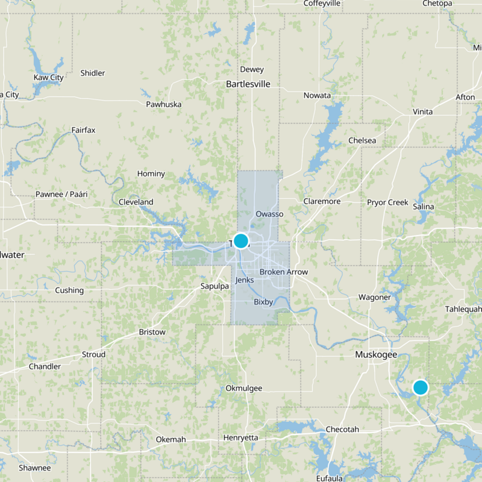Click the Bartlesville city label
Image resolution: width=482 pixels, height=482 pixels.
pyautogui.click(x=248, y=84)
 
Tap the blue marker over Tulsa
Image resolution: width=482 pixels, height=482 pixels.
pyautogui.click(x=240, y=241)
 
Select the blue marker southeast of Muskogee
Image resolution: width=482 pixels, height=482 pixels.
pyautogui.click(x=420, y=387)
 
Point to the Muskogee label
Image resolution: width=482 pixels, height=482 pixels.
pyautogui.click(x=376, y=354)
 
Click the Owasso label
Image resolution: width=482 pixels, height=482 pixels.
pyautogui.click(x=269, y=214)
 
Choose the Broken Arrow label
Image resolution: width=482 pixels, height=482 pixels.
pyautogui.click(x=283, y=272)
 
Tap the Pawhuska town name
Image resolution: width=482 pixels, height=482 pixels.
pyautogui.click(x=164, y=104)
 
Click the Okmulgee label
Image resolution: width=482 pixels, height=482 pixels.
pyautogui.click(x=243, y=388)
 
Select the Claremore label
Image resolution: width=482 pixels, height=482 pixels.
pyautogui.click(x=322, y=201)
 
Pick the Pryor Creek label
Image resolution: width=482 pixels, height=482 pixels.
pyautogui.click(x=387, y=202)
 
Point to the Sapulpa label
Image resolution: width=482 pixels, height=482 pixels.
pyautogui.click(x=214, y=286)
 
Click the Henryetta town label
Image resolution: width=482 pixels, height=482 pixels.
pyautogui.click(x=240, y=437)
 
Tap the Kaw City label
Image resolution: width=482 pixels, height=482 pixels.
pyautogui.click(x=49, y=78)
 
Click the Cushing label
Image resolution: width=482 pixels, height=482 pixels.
pyautogui.click(x=69, y=290)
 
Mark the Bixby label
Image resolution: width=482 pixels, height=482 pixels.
pyautogui.click(x=264, y=301)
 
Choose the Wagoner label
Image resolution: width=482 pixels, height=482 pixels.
pyautogui.click(x=374, y=297)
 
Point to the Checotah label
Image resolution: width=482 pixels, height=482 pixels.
pyautogui.click(x=342, y=429)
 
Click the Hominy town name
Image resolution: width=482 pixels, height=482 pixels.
pyautogui.click(x=151, y=174)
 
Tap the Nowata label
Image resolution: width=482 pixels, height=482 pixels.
pyautogui.click(x=317, y=96)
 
